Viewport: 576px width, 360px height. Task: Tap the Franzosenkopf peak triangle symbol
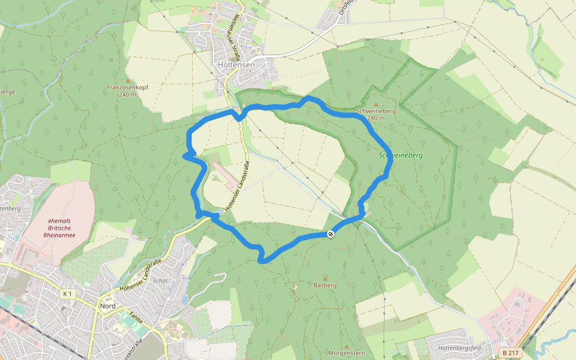127,80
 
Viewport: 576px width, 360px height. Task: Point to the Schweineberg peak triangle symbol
376,104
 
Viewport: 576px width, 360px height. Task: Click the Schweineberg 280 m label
375,115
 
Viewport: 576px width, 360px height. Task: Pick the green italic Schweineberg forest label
401,155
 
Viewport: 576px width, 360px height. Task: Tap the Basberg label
325,286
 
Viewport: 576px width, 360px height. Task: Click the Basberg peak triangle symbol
325,278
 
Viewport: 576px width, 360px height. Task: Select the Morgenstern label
347,353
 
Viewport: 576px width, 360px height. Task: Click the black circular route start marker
331,233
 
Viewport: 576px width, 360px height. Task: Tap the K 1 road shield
67,294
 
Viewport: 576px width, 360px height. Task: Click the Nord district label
108,306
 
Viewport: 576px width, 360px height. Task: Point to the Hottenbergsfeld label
460,348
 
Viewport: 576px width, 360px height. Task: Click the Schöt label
160,281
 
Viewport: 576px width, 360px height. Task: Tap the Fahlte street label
137,317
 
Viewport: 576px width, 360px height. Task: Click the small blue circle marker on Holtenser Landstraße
220,212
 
